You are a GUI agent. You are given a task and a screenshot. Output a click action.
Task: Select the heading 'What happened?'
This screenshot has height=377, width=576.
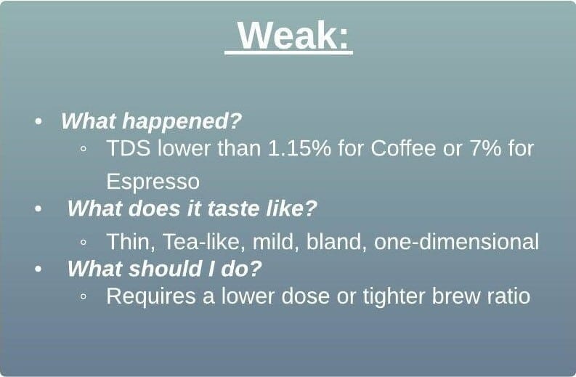[151, 121]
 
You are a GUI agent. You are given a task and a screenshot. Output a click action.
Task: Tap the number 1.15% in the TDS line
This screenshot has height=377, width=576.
[299, 148]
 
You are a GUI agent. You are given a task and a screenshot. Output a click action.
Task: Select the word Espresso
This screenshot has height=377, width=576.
[153, 182]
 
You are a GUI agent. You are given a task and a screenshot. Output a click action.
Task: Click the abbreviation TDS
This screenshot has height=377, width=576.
[129, 148]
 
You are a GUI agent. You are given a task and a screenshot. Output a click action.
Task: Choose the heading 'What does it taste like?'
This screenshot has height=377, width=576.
[192, 208]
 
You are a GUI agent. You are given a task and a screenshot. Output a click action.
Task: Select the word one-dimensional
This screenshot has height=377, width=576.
[456, 242]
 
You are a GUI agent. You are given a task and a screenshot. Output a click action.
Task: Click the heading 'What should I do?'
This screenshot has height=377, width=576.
[164, 269]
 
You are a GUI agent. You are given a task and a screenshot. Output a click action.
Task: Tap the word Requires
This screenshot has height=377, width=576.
[151, 296]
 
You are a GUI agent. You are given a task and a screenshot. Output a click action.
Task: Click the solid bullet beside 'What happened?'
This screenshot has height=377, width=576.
[38, 121]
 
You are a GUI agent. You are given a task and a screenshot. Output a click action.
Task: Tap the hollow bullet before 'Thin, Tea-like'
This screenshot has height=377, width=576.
[84, 242]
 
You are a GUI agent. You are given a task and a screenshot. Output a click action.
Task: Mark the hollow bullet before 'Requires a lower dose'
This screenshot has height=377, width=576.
[84, 296]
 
